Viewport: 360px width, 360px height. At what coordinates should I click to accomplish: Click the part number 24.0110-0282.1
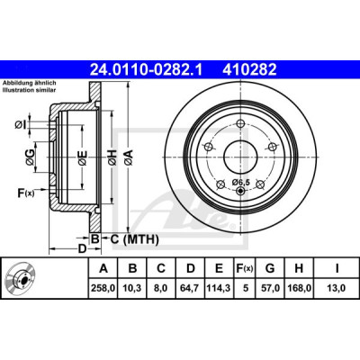147,70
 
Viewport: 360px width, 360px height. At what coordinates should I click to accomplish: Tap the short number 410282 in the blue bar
249,70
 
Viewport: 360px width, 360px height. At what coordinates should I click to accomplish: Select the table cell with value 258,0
103,288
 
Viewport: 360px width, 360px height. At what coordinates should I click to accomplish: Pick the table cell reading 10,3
132,288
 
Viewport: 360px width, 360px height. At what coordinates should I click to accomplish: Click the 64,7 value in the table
191,288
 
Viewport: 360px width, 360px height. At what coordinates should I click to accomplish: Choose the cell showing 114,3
219,288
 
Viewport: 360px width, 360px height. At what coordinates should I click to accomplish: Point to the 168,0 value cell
299,288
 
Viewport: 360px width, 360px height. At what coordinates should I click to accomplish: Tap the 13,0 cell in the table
337,288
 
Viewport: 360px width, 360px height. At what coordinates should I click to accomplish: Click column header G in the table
270,268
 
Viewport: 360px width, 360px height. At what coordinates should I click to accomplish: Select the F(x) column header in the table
245,268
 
